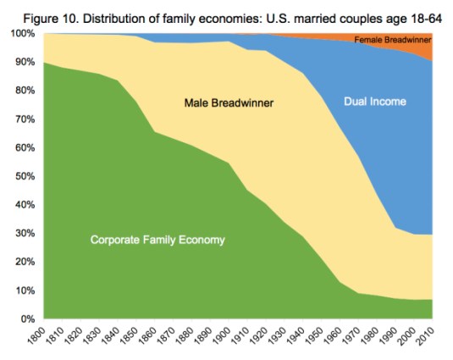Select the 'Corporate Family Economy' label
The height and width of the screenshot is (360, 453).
(x=157, y=240)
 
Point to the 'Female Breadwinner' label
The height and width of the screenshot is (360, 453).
(x=391, y=40)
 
